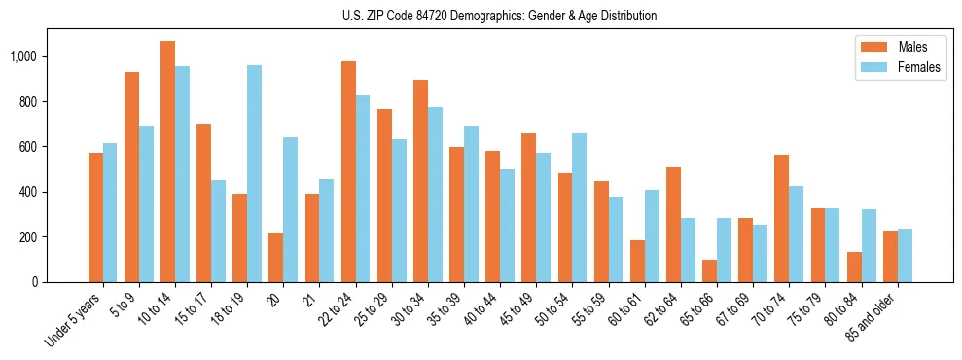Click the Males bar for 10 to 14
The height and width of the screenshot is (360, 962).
pyautogui.click(x=168, y=162)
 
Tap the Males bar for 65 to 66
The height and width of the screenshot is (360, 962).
pyautogui.click(x=710, y=270)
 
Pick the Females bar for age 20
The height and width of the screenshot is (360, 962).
pyautogui.click(x=291, y=209)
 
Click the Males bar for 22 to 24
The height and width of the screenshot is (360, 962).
pyautogui.click(x=348, y=171)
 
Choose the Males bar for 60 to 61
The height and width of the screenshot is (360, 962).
pyautogui.click(x=637, y=261)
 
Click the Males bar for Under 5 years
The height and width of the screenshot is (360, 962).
pyautogui.click(x=95, y=217)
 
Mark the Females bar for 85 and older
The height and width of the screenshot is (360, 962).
pyautogui.click(x=905, y=255)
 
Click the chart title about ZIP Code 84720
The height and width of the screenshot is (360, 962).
pyautogui.click(x=499, y=16)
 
